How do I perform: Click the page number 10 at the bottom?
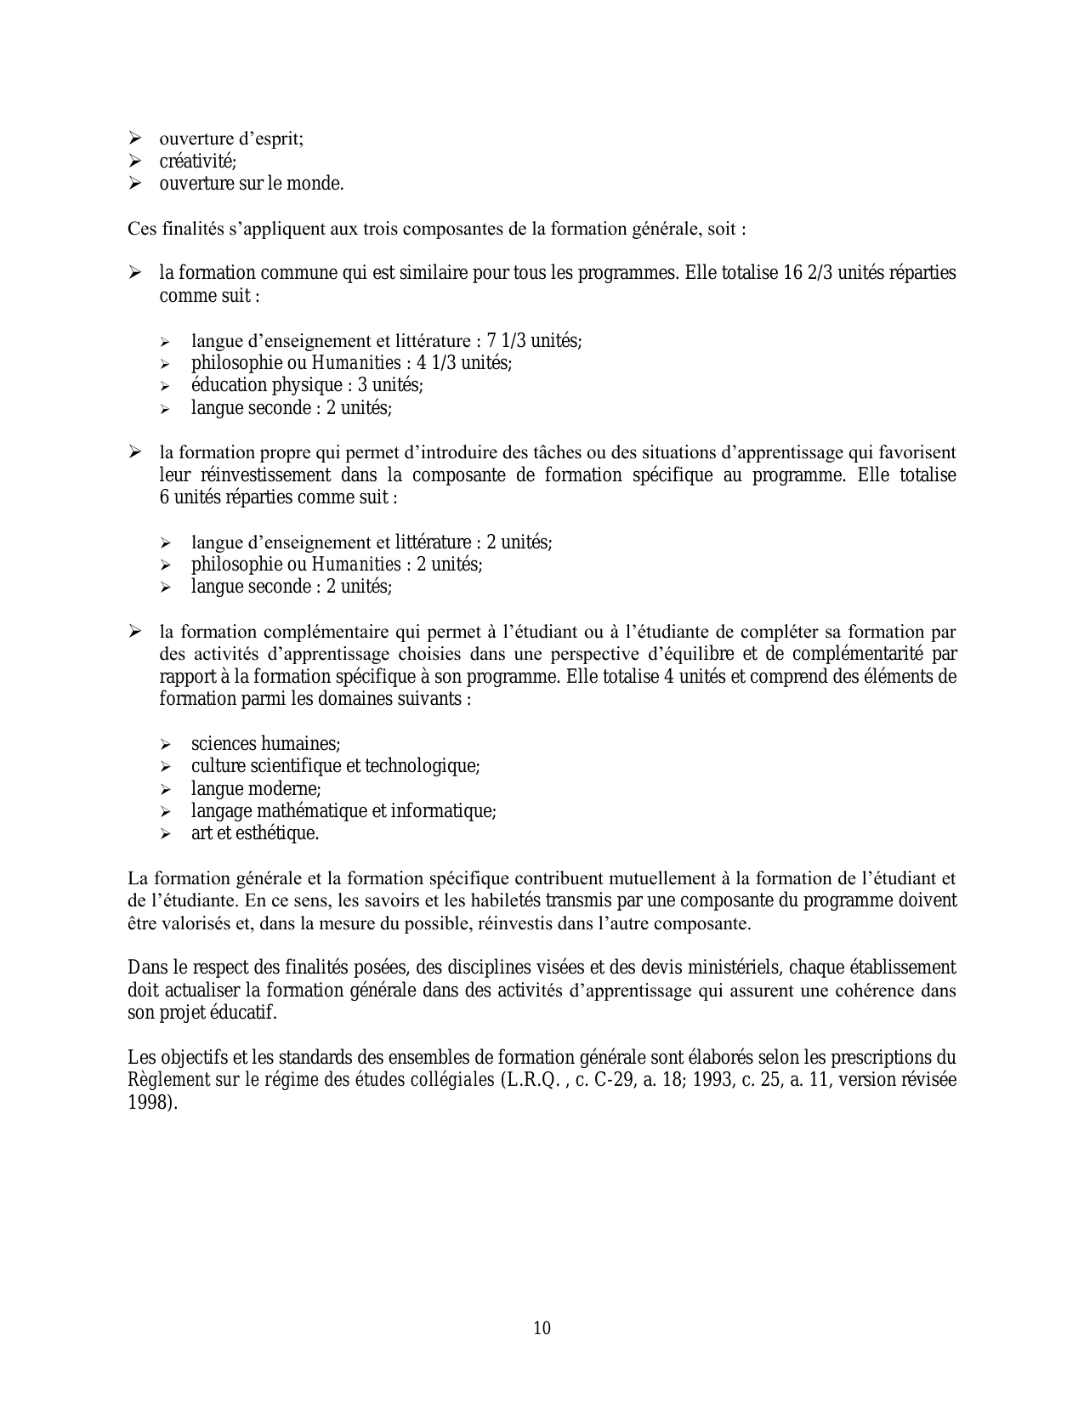click(x=542, y=1327)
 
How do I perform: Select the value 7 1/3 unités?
click(x=532, y=341)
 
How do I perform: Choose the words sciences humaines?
click(x=264, y=744)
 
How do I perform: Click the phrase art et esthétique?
click(x=254, y=833)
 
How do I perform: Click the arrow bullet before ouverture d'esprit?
click(x=135, y=139)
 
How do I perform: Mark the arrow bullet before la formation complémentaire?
click(x=135, y=632)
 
